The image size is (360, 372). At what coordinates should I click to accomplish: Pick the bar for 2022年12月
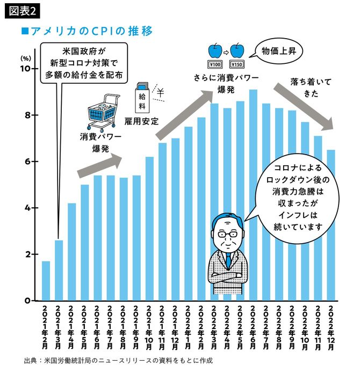[x=330, y=225]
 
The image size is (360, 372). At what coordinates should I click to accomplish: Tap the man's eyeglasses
[x=228, y=234]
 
